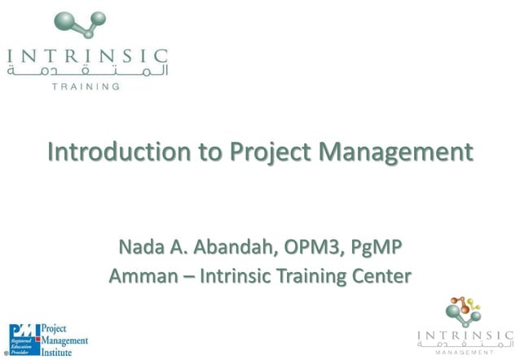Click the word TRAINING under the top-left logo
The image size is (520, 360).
pos(86,86)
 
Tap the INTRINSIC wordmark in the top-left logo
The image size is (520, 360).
pos(86,57)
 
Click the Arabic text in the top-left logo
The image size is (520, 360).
pos(86,72)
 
